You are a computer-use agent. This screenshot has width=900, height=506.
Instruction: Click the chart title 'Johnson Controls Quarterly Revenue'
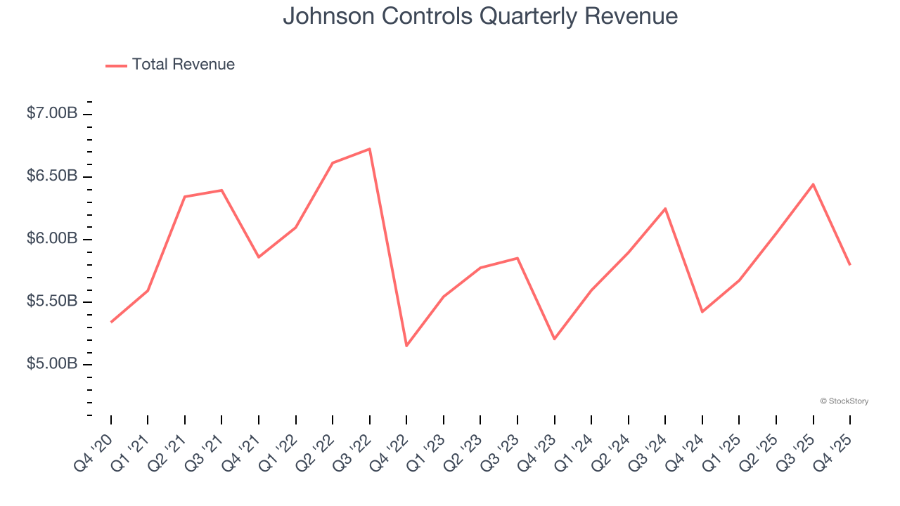[480, 16]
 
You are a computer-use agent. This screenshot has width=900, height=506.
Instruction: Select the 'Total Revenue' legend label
[183, 65]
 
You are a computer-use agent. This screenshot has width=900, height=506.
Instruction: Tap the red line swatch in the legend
[116, 65]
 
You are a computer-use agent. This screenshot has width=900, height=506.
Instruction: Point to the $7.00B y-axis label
[52, 113]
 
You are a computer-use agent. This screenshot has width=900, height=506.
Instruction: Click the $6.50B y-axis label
[52, 176]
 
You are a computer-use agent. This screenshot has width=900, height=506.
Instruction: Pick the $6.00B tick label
[52, 239]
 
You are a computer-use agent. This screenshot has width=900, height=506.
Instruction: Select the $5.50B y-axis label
[52, 301]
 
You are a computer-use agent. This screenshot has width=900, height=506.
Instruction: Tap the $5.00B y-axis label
[52, 364]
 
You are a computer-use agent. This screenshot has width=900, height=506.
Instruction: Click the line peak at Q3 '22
[370, 149]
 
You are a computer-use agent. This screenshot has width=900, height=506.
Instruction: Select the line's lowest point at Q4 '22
[406, 346]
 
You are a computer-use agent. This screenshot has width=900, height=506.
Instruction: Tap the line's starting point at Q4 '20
[111, 322]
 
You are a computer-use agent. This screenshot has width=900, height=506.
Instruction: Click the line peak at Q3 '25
[814, 184]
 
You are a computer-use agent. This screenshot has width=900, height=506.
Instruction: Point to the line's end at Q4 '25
[850, 264]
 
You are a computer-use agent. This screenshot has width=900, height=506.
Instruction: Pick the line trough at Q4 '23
[555, 339]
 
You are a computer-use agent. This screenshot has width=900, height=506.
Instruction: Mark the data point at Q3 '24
[665, 209]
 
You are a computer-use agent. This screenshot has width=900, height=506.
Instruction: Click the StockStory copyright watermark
[844, 401]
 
